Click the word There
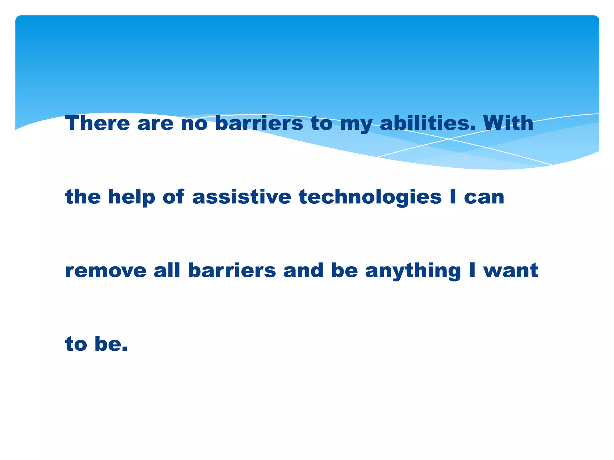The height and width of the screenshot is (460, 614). [x=97, y=123]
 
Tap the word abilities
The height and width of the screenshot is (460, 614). [x=428, y=123]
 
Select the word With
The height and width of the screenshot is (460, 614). [x=508, y=123]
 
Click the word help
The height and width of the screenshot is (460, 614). [x=132, y=197]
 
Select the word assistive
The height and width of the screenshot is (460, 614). [x=242, y=197]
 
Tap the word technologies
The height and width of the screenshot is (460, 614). [x=370, y=197]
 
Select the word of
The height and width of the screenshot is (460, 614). [x=173, y=197]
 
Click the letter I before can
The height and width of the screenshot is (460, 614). [x=453, y=197]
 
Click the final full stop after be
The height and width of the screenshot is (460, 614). [x=125, y=349]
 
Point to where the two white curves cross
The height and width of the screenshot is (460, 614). [x=449, y=139]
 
